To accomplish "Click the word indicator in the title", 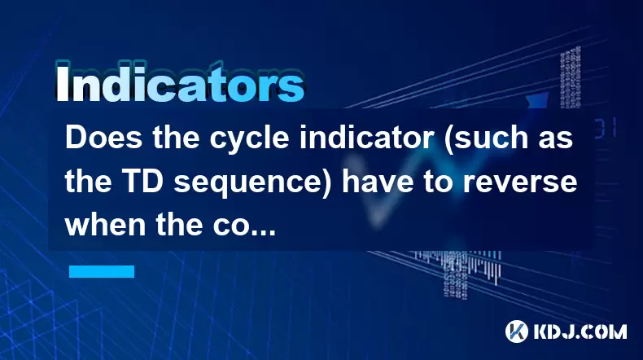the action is tap(366, 138).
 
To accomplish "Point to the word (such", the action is tap(488, 139).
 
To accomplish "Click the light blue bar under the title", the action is tap(102, 271).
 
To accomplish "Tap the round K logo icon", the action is tap(517, 331).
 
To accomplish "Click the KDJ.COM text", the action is tap(580, 331).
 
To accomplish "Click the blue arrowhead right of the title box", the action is tap(537, 101).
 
